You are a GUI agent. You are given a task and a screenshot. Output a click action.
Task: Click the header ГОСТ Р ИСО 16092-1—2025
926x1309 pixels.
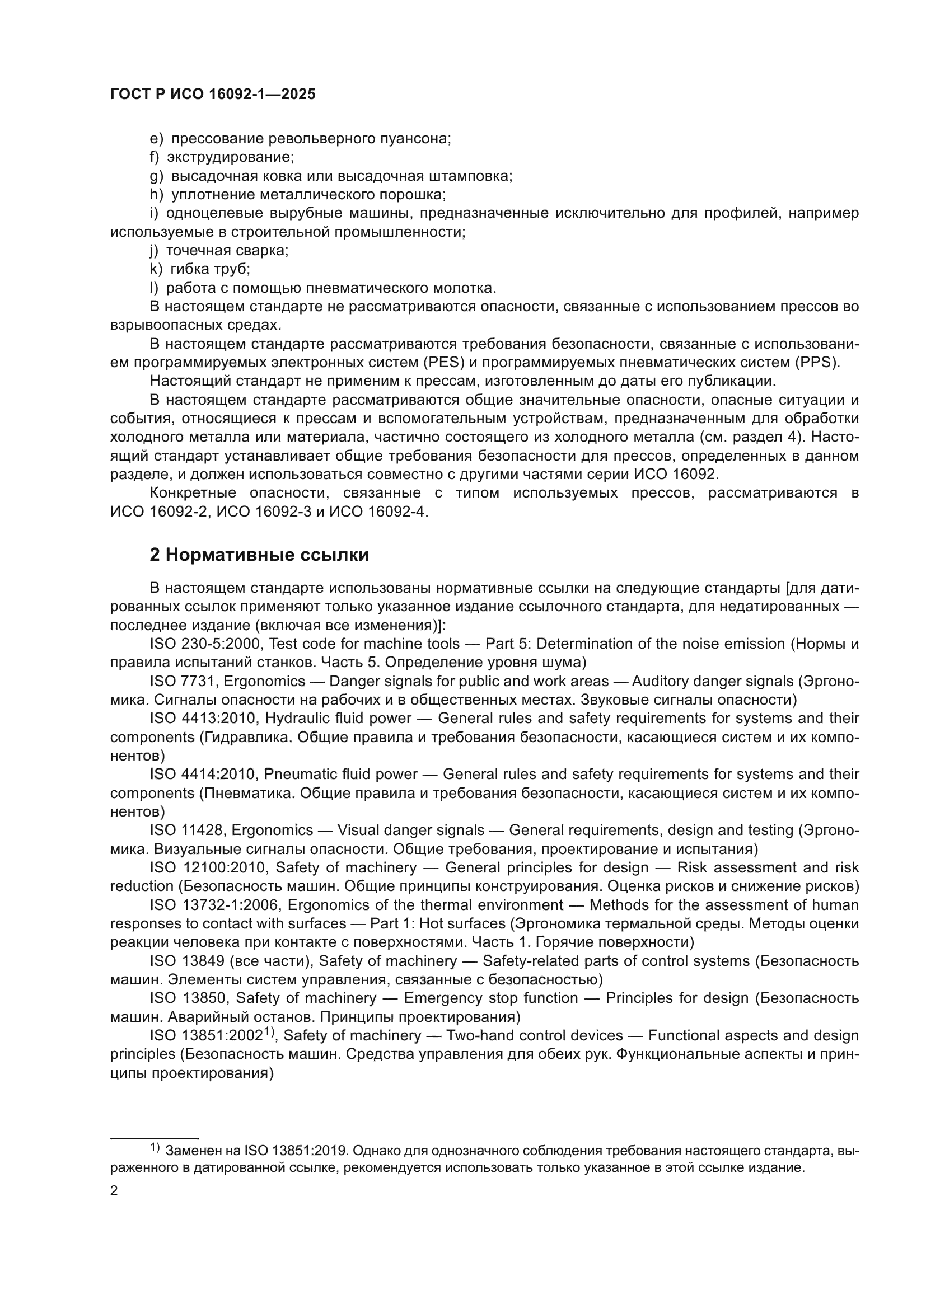coord(213,95)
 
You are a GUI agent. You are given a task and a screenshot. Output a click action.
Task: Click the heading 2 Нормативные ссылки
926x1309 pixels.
coord(259,555)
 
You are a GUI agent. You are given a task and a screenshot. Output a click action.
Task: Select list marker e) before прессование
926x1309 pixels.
coord(156,139)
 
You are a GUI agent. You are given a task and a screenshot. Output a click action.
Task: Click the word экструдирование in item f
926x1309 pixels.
coord(230,157)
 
